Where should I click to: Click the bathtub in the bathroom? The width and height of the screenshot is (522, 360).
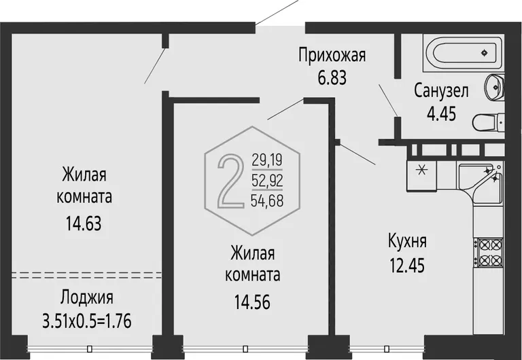tap(464, 52)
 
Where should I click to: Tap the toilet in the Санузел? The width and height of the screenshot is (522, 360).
tap(488, 122)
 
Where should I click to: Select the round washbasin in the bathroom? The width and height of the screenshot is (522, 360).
tap(495, 86)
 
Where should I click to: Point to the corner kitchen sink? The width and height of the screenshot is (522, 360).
tap(481, 181)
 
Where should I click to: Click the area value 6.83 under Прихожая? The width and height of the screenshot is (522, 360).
tap(332, 78)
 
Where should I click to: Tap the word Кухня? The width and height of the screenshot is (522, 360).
tap(407, 241)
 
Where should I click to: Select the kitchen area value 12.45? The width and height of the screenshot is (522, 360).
tap(407, 266)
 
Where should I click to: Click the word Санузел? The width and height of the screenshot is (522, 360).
tap(441, 91)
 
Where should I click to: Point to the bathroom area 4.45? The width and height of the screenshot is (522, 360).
tap(441, 114)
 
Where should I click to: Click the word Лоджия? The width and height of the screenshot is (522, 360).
tap(86, 298)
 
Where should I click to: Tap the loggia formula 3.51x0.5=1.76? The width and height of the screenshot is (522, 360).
tap(87, 321)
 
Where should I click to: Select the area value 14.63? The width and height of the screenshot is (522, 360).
tap(83, 223)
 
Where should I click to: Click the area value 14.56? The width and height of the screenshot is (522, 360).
tap(252, 302)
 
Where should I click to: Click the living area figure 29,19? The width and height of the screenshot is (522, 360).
tap(267, 160)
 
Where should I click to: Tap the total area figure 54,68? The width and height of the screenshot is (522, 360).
tap(267, 201)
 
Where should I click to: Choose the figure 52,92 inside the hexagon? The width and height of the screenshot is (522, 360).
tap(267, 180)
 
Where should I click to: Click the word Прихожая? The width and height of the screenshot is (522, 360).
tap(332, 55)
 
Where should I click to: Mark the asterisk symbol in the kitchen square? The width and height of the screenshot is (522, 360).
tap(421, 170)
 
